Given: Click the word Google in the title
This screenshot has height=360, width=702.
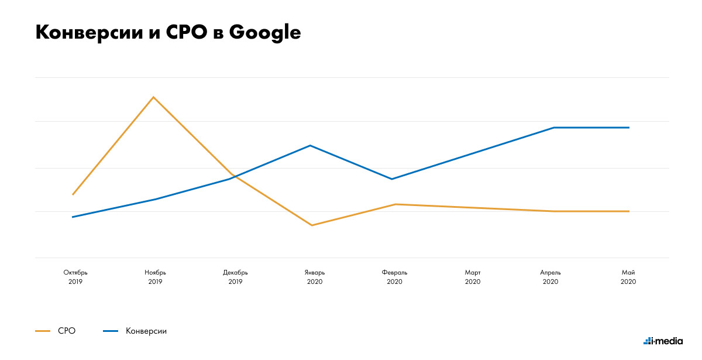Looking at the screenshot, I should point(264,33).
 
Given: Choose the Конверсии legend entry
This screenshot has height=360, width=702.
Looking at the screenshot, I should point(146,331).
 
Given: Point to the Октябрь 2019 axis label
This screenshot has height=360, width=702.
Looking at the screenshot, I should point(75,277).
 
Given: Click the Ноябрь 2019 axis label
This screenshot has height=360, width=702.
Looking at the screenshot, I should point(155,277).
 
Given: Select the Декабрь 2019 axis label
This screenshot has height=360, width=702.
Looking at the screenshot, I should point(235,277).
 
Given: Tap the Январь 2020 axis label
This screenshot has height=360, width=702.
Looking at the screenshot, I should point(315,277).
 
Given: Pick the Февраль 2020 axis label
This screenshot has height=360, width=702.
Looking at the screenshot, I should point(394,277).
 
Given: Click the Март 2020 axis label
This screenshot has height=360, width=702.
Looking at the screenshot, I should point(473,277).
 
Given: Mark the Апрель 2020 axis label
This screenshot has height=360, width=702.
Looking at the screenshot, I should point(550,277).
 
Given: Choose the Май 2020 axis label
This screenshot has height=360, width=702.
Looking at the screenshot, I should point(628,277).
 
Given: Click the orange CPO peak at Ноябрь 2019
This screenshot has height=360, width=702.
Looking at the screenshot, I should point(153,97).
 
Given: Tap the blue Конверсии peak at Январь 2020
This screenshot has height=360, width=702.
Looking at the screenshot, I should point(311,145).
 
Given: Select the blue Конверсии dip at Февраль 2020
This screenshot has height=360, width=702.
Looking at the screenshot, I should point(391,179).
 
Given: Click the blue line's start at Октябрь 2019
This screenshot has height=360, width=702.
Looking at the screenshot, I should point(73,217).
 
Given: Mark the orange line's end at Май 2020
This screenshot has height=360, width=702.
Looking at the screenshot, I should point(629,211).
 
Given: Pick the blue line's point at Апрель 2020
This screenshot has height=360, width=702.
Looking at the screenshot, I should point(553,128).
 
